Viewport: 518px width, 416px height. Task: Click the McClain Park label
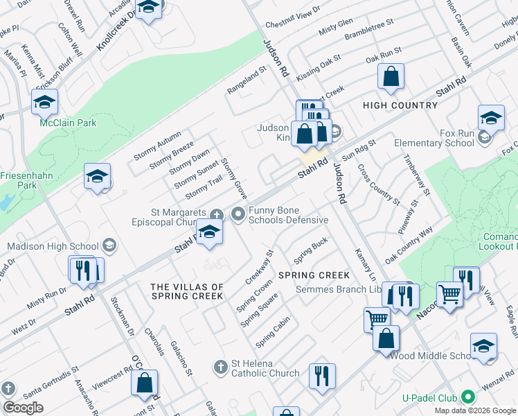click(68, 123)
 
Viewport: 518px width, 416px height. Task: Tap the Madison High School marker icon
click(109, 245)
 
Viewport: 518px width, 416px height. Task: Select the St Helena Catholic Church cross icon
click(220, 366)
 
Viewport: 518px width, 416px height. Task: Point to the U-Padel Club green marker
click(468, 398)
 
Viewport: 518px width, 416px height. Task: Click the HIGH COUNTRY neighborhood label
click(400, 105)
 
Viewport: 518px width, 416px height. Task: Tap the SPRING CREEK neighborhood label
click(314, 275)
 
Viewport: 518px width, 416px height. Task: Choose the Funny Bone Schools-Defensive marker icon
click(239, 214)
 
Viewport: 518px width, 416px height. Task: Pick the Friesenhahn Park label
click(26, 180)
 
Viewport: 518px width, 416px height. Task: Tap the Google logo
click(23, 408)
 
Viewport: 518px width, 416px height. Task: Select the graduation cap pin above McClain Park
click(44, 102)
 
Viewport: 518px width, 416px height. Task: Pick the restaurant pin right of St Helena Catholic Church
click(321, 376)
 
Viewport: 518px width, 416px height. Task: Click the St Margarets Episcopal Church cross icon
click(215, 214)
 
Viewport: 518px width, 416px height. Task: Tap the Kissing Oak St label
click(318, 66)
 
